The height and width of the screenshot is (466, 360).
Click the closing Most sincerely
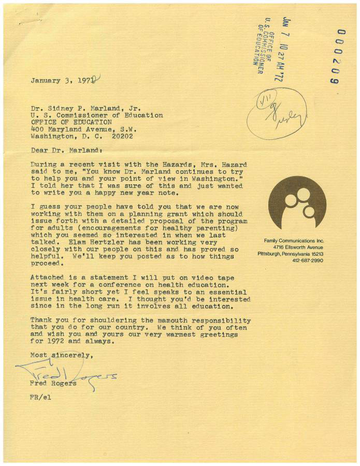[62, 356]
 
